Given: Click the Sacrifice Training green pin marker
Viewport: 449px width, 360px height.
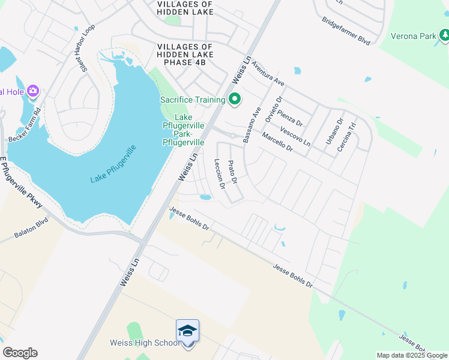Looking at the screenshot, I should pos(235,99).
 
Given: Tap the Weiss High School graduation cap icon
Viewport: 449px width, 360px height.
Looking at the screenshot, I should pos(187,332).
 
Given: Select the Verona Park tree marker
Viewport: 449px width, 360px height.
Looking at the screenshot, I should pos(444,36).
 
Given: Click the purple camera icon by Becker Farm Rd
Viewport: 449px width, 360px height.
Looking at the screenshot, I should pos(32,91).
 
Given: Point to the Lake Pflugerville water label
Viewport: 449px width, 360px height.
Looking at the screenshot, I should pos(113,164).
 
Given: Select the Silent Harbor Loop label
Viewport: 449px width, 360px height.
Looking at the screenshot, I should pos(80,49).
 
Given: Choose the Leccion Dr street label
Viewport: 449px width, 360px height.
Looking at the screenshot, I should pos(219,173).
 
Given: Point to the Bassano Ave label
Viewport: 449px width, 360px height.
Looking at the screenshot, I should pos(250,125).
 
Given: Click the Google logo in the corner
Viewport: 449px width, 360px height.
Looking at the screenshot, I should pos(20,353).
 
